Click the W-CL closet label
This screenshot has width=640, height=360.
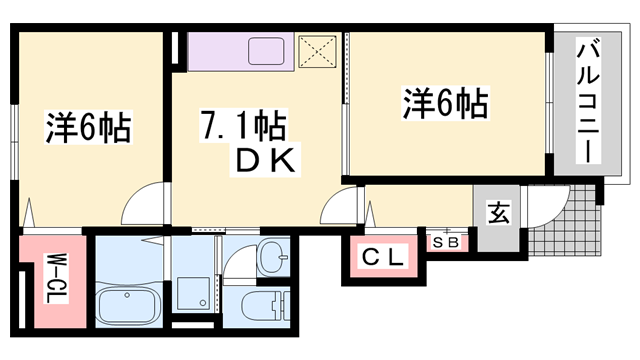point(57,278)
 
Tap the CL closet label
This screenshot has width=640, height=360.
point(382,257)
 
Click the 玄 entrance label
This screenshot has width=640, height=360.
point(498,212)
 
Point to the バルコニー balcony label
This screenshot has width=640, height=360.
point(588,100)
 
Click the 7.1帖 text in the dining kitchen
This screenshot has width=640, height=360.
point(243,126)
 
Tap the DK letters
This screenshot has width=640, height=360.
point(265,160)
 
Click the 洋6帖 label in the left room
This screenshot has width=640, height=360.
point(88,127)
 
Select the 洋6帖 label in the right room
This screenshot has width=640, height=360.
point(446,103)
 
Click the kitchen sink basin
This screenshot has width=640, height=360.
point(266,51)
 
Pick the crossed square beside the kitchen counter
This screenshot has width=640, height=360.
point(318,51)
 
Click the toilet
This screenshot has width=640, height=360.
point(265,306)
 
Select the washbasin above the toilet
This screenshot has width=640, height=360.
point(273,257)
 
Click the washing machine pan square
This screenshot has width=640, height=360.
point(193,294)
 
